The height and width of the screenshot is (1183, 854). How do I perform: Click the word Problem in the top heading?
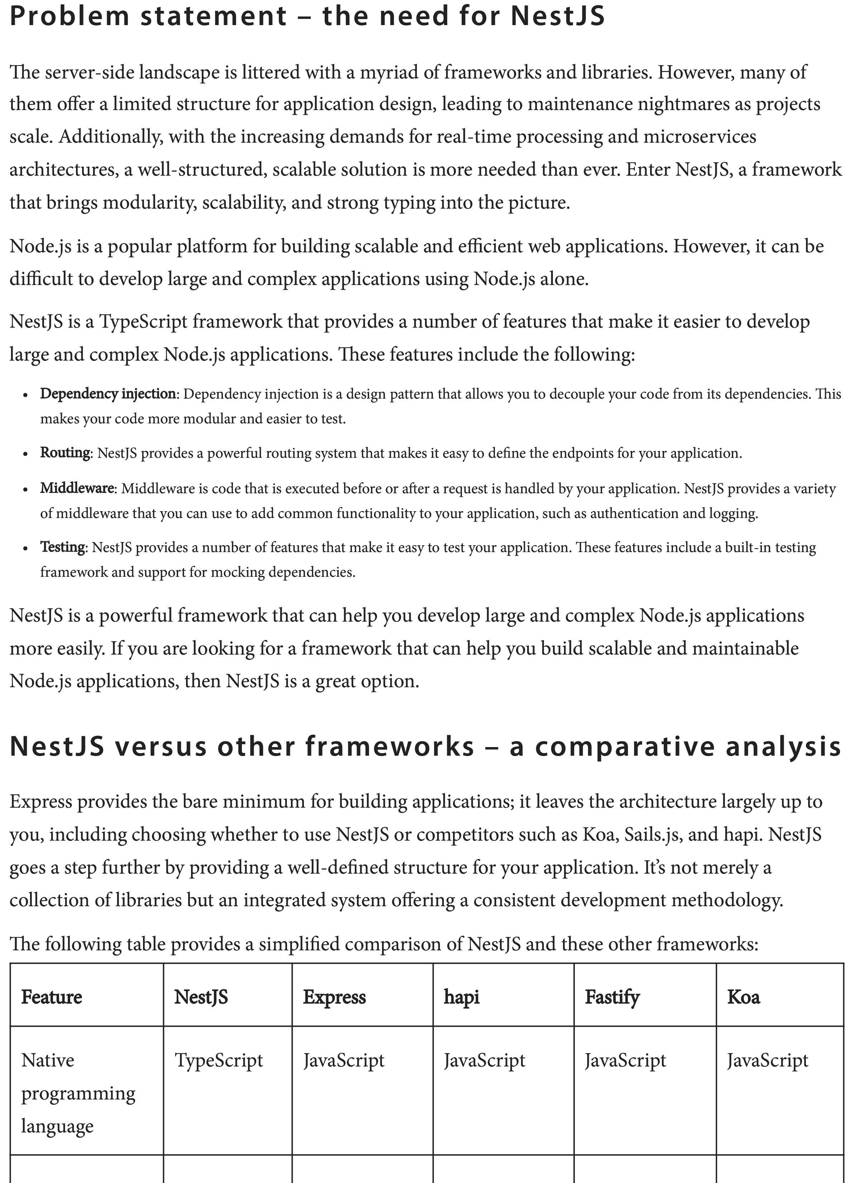[x=69, y=16]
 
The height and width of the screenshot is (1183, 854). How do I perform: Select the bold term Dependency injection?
[x=108, y=394]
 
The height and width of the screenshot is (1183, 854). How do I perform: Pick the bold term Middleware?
[x=77, y=488]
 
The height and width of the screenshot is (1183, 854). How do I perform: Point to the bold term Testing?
[x=63, y=547]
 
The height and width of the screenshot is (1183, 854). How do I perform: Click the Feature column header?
[x=52, y=997]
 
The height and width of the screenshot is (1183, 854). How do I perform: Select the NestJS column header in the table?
[x=201, y=997]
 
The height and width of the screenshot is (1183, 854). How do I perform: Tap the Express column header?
[x=334, y=997]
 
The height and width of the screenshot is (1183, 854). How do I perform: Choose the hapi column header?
[x=462, y=997]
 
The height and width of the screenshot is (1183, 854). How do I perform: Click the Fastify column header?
[x=612, y=997]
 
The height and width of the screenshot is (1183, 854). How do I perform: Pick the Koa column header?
[x=744, y=997]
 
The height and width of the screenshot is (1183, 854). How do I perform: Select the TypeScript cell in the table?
[x=219, y=1060]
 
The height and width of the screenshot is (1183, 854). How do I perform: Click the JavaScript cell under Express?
[x=344, y=1060]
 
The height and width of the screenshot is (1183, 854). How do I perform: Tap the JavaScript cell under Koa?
[x=767, y=1060]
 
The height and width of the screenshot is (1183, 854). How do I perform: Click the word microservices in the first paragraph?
[x=700, y=136]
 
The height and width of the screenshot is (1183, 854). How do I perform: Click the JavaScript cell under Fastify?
[x=625, y=1060]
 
